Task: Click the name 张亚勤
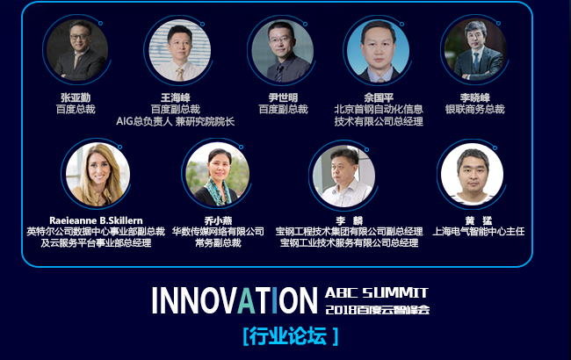(76, 97)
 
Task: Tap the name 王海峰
(176, 97)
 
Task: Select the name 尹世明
(283, 97)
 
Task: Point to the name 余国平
(379, 97)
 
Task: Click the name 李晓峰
(475, 97)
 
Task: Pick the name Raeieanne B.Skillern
(96, 220)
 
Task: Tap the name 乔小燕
(218, 220)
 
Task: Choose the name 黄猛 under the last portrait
(479, 220)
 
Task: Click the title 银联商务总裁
(475, 109)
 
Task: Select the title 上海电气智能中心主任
(479, 232)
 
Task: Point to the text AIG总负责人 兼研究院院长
(175, 121)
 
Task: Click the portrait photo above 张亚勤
(77, 50)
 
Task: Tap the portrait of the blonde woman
(98, 175)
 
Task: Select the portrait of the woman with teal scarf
(217, 175)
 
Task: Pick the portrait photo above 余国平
(378, 51)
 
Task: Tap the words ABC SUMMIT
(376, 292)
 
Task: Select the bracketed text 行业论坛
(290, 335)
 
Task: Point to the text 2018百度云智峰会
(377, 310)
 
